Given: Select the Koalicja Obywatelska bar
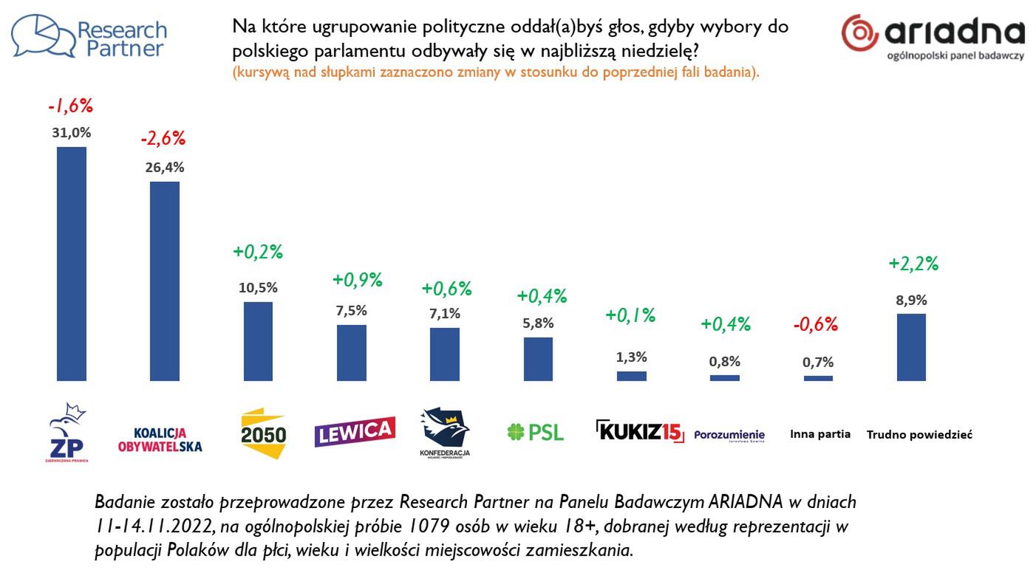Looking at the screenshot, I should pyautogui.click(x=165, y=281).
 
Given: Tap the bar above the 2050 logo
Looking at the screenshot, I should pyautogui.click(x=258, y=341).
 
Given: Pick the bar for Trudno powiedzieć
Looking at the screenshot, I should pyautogui.click(x=911, y=347).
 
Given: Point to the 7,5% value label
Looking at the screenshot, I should pyautogui.click(x=351, y=310).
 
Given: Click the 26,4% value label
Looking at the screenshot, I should pyautogui.click(x=165, y=167).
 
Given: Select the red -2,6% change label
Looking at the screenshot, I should pyautogui.click(x=163, y=138).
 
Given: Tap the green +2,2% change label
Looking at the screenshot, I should pyautogui.click(x=913, y=264).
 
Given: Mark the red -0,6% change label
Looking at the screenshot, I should pyautogui.click(x=816, y=324).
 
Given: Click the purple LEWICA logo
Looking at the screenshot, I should pyautogui.click(x=355, y=431).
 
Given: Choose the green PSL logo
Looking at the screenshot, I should pyautogui.click(x=536, y=432).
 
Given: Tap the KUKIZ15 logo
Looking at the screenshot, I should pyautogui.click(x=640, y=430).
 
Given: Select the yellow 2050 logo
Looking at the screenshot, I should pyautogui.click(x=264, y=433).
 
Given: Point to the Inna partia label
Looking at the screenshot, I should pyautogui.click(x=820, y=434).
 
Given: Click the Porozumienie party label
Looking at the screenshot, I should pyautogui.click(x=729, y=435).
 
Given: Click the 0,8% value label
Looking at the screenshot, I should pyautogui.click(x=724, y=362).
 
